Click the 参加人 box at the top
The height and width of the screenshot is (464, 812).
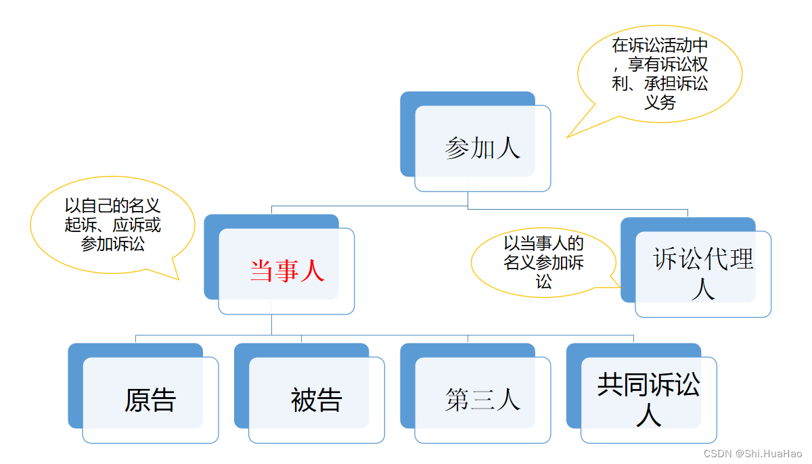coord(482,148)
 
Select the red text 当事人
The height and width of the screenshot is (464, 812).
coord(287,271)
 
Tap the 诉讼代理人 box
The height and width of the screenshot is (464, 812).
coord(702,274)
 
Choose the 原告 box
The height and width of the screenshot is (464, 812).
coord(150,400)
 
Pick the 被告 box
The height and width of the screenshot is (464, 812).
coord(316,400)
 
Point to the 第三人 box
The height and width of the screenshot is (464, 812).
coord(482,400)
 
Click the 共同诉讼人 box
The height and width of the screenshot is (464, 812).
coord(648,400)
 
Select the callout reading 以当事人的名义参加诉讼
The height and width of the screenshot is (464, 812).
coord(544,261)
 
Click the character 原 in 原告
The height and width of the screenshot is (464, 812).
coord(137,400)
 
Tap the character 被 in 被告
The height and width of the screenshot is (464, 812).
coord(303,400)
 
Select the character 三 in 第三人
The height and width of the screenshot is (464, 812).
coord(482,400)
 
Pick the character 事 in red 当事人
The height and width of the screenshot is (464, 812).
coord(287,271)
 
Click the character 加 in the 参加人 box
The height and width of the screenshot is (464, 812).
coord(482,148)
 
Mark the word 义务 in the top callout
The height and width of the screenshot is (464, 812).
coord(659,103)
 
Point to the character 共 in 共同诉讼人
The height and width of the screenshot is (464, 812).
coord(610,384)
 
